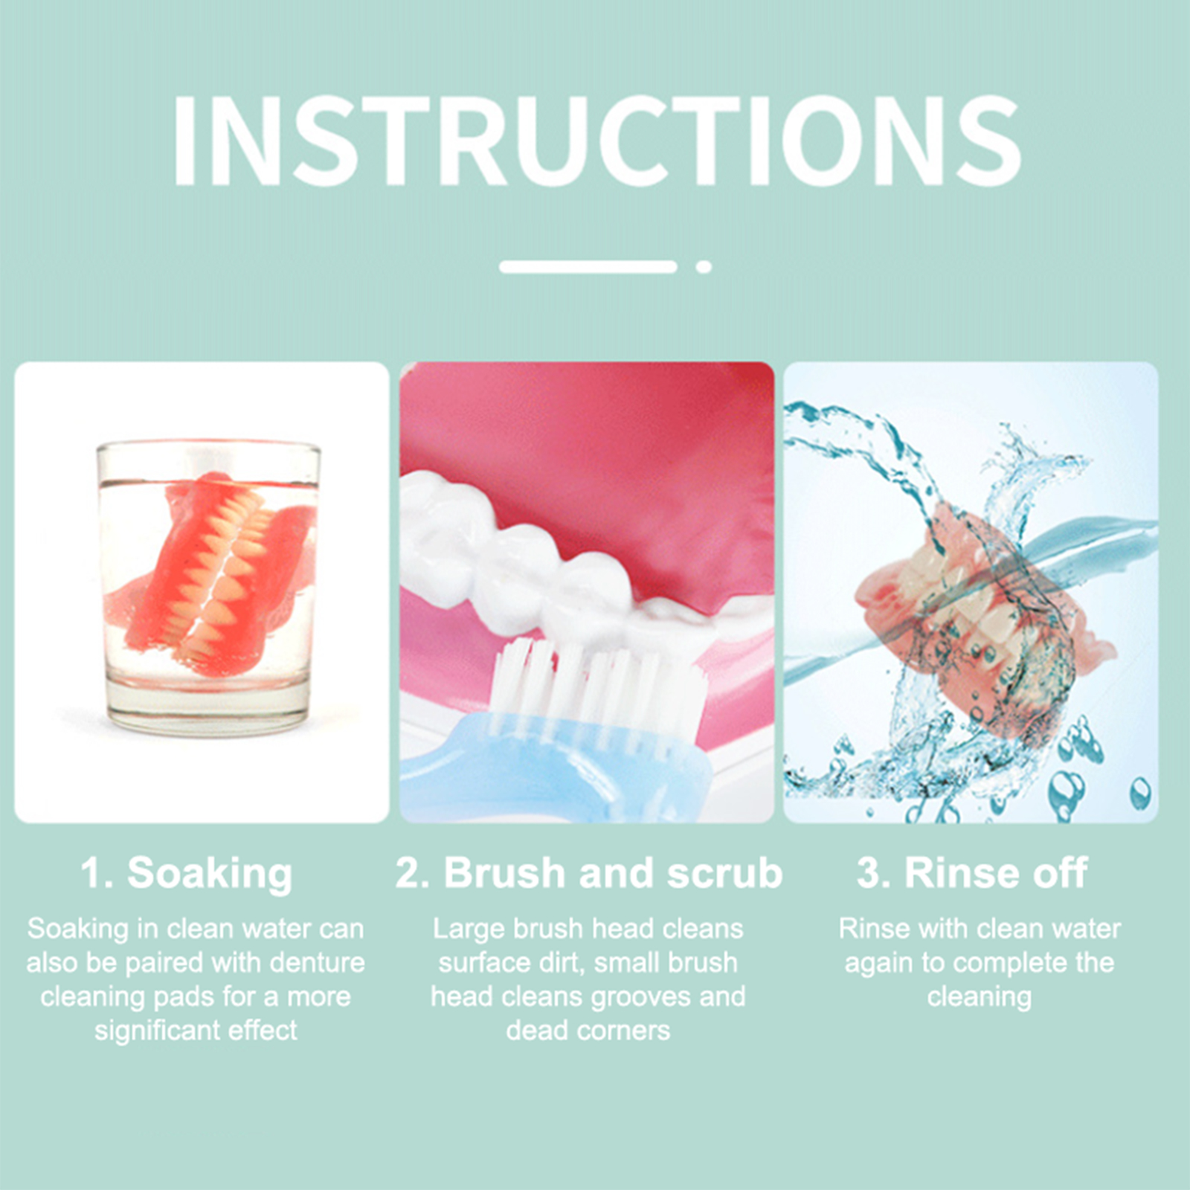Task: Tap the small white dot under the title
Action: coord(704,267)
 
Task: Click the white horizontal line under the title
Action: coord(588,267)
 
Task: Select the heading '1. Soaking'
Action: coord(187,873)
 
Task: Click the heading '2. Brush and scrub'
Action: coord(589,872)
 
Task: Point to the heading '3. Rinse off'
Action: coord(972,872)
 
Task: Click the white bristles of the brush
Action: coord(595,688)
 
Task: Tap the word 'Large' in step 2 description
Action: coord(466,930)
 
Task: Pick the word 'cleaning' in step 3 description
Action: coord(979,997)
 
